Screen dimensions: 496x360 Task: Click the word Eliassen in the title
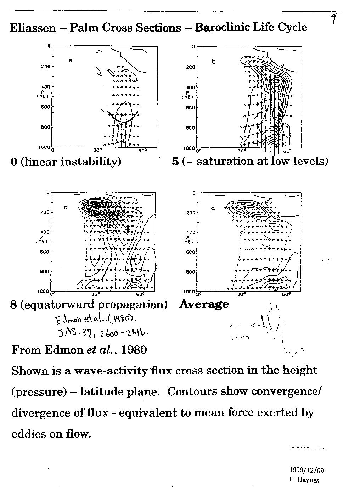33,28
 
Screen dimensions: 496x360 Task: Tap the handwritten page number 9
333,19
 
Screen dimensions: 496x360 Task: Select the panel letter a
71,61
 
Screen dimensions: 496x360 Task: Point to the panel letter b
214,61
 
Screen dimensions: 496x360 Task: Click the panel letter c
66,208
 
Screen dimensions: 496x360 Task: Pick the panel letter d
213,208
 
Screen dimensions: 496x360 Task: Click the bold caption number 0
14,162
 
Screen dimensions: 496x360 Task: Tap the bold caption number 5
175,162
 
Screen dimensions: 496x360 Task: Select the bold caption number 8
14,305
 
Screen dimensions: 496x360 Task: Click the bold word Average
204,304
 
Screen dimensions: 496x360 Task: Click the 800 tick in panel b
191,128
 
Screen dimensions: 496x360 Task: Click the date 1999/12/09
306,470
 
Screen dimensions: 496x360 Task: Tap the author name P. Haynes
304,480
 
